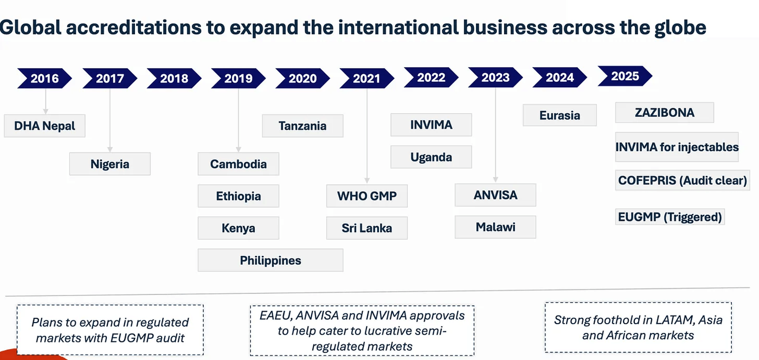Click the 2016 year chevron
pos(44,78)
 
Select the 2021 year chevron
pos(366,78)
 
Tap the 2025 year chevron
pos(625,76)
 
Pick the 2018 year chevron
pos(173,78)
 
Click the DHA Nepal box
pos(44,126)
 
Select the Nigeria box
pos(110,164)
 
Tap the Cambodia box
pos(238,164)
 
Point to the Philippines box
pos(270,260)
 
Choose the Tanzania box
pos(303,126)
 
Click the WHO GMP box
pos(366,196)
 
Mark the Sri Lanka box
pos(366,228)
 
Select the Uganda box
pos(431,157)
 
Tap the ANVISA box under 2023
pos(496,195)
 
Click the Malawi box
pos(496,227)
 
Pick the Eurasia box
pos(559,115)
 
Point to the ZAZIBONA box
pos(664,113)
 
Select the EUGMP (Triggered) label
pos(670,217)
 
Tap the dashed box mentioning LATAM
pos(638,327)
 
